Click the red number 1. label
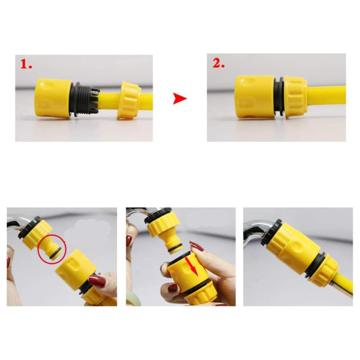(26, 64)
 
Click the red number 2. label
(218, 63)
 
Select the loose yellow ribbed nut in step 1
(129, 100)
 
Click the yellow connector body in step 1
(53, 98)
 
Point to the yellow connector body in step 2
(255, 97)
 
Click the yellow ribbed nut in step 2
(296, 97)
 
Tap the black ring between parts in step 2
(279, 97)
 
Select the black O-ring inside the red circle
(57, 253)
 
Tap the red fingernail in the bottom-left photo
(97, 281)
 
